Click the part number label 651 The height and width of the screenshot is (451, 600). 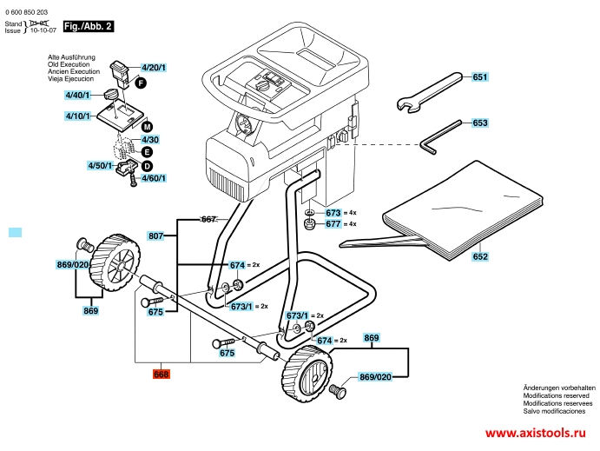point(480,77)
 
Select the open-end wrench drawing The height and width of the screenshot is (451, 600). point(427,93)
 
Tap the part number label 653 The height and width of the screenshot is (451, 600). point(480,123)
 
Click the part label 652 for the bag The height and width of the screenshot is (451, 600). point(480,256)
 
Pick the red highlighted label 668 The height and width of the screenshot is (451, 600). point(161,375)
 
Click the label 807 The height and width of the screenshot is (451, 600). point(156,235)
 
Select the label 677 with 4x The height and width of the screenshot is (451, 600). point(333,224)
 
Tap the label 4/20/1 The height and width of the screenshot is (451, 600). point(154,68)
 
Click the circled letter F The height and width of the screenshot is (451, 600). point(139,82)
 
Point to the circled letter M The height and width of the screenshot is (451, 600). point(147,127)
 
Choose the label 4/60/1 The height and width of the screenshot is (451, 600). point(154,178)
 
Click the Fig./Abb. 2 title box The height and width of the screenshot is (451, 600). point(89,27)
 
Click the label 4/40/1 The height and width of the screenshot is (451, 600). point(77,95)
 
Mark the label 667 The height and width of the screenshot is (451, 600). point(208,219)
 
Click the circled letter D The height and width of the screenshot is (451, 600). point(147,166)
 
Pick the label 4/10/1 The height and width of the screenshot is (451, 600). point(77,116)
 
